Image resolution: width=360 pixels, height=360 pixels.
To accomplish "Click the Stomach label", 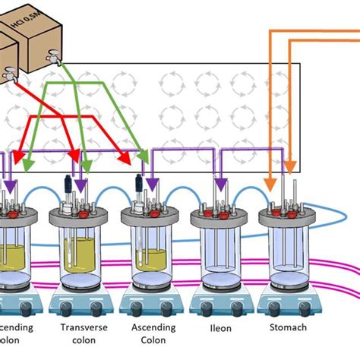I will coord(288,328).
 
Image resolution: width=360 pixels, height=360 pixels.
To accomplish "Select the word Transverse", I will coord(78,328).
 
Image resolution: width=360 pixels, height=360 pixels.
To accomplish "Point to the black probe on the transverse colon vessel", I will coord(68,185).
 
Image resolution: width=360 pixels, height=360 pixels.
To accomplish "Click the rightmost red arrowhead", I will coord(125,159).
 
